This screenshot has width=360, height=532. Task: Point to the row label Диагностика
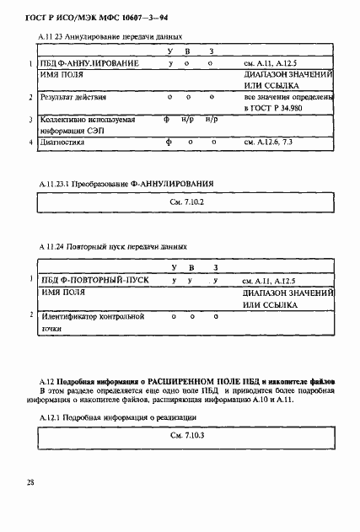(64, 142)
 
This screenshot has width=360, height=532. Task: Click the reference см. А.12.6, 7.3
(268, 142)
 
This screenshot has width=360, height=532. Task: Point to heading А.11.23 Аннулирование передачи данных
(110, 36)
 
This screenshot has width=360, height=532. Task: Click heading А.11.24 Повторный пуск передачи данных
(113, 246)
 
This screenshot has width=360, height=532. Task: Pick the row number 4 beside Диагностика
(30, 142)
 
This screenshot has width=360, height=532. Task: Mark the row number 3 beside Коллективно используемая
(30, 121)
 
